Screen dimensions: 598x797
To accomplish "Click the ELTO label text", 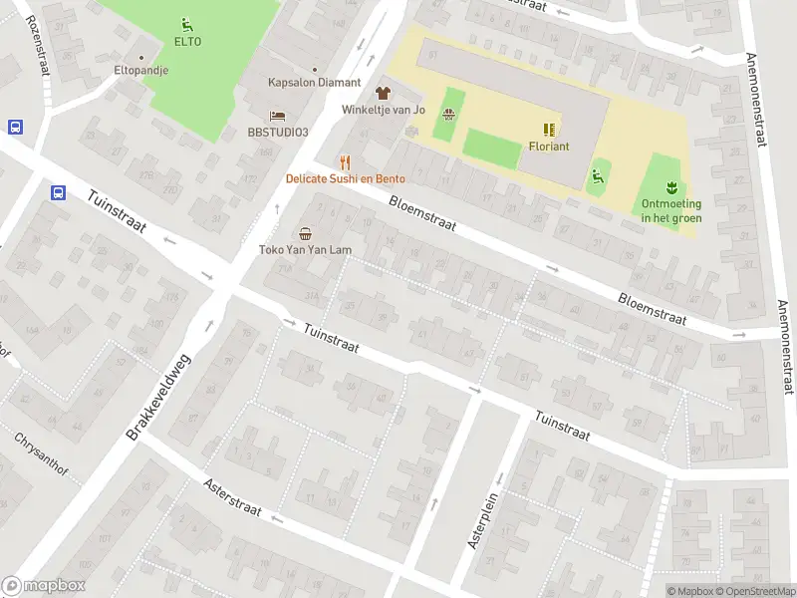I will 187,42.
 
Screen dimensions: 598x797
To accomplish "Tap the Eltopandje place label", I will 140,71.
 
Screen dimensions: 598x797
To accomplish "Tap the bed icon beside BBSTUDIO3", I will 278,117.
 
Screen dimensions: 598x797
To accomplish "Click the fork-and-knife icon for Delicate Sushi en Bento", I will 346,162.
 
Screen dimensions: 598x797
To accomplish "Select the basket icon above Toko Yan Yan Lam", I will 305,233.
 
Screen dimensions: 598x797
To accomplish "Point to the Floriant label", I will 549,146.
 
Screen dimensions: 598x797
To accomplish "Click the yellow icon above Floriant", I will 549,129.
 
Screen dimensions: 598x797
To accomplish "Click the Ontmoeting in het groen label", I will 671,210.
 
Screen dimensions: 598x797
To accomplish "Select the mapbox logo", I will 44,586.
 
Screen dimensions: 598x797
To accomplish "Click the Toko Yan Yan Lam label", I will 305,250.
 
